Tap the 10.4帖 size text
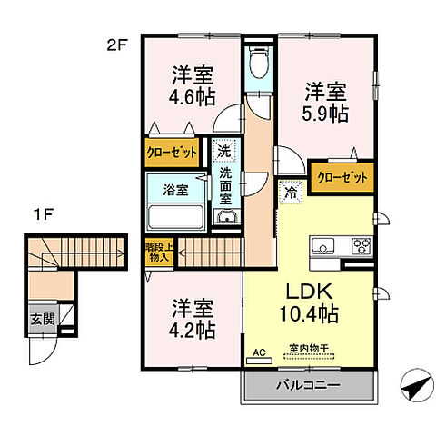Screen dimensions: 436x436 click(x=310, y=315)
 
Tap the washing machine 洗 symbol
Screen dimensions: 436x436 click(x=223, y=151)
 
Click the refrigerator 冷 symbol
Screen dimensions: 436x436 click(x=291, y=193)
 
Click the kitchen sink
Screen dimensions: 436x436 click(x=324, y=245)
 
